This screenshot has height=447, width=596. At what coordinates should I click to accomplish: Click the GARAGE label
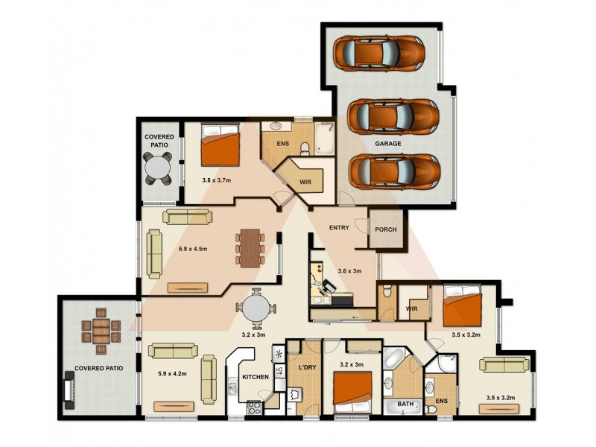coord(388,143)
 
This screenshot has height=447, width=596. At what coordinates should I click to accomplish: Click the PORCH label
coord(386,230)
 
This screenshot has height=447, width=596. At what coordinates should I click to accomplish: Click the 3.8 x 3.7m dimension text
coord(217,180)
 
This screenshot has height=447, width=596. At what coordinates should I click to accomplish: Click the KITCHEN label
coord(256,377)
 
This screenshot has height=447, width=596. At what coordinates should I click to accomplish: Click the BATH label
coord(405,404)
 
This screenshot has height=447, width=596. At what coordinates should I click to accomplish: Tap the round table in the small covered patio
coord(159,169)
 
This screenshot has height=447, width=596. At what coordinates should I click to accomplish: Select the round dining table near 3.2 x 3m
coord(256,308)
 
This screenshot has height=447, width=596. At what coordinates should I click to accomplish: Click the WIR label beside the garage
coord(305,180)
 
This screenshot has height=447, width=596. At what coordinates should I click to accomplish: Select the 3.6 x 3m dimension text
coord(349,271)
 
